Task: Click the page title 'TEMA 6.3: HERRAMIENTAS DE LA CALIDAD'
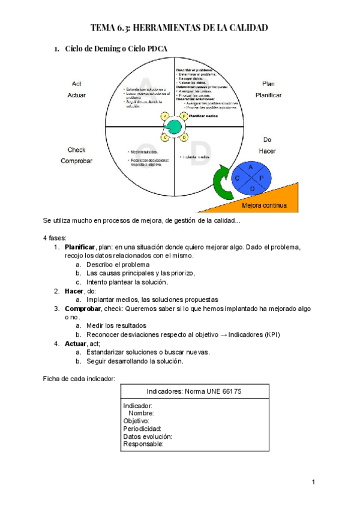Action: pos(179,28)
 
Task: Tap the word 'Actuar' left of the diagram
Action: pos(76,95)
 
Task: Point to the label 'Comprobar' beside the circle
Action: pos(76,161)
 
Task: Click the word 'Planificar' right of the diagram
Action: pos(268,95)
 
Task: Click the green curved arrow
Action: pos(223,184)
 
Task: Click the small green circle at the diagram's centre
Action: pos(174,127)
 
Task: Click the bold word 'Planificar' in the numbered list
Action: pos(80,247)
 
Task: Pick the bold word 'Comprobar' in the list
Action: pos(83,308)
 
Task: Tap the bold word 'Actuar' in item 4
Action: pos(76,343)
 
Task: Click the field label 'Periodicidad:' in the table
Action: pos(142,429)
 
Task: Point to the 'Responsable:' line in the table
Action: pos(143,445)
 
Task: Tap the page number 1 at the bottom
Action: pos(313,482)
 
